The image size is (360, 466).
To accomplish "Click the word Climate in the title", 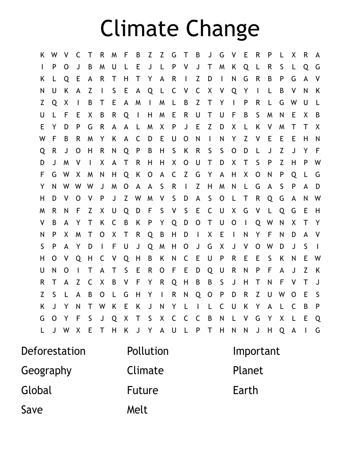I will pyautogui.click(x=141, y=28).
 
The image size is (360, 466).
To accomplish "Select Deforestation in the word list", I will pyautogui.click(x=53, y=351).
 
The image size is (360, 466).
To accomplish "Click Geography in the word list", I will pyautogui.click(x=46, y=371).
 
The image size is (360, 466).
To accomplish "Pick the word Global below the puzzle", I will pyautogui.click(x=37, y=390).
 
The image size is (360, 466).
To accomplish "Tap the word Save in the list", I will pyautogui.click(x=32, y=410).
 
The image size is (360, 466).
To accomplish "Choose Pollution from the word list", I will pyautogui.click(x=148, y=351).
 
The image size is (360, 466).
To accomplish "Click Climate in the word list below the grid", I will pyautogui.click(x=145, y=371).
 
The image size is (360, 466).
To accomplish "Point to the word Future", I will pyautogui.click(x=142, y=390).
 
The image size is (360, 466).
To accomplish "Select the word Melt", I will pyautogui.click(x=137, y=410).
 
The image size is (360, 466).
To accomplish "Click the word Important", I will pyautogui.click(x=256, y=351).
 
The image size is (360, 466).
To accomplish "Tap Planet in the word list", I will pyautogui.click(x=248, y=371).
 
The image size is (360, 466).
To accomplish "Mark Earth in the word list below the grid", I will pyautogui.click(x=245, y=390).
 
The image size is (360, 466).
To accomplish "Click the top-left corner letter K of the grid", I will pyautogui.click(x=42, y=55).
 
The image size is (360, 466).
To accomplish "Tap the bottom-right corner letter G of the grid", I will pyautogui.click(x=318, y=330).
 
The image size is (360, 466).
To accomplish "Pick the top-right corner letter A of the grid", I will pyautogui.click(x=318, y=55).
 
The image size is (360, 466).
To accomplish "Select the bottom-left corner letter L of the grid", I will pyautogui.click(x=42, y=330).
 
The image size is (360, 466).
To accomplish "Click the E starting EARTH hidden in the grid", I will pyautogui.click(x=78, y=79).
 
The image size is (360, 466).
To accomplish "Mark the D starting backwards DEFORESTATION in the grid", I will pyautogui.click(x=198, y=270).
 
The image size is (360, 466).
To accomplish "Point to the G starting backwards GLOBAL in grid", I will pyautogui.click(x=126, y=294).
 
